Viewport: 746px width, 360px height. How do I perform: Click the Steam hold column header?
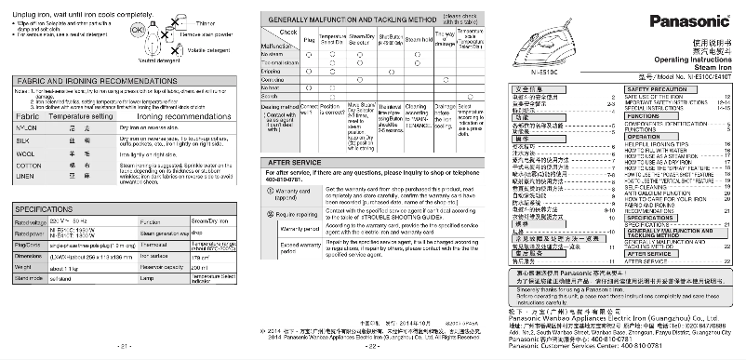[388, 40]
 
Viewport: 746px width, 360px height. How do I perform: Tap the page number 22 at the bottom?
[371, 345]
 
